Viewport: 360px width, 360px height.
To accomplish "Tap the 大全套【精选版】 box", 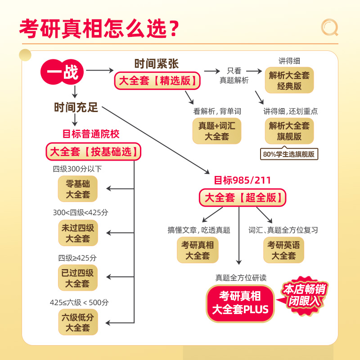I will tap(157, 81).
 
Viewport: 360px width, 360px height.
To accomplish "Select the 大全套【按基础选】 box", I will tap(94, 152).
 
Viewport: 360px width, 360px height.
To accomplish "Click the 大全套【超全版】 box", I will tap(243, 197).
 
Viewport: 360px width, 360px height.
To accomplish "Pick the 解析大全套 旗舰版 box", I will tap(289, 131).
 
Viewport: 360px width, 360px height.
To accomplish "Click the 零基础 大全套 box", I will tap(78, 189).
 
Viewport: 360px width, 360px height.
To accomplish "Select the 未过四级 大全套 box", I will tap(78, 233).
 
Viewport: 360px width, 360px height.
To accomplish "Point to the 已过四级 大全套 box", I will tap(78, 278).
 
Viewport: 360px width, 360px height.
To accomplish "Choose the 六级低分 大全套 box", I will tap(78, 322).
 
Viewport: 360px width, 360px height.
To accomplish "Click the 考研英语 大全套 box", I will tap(283, 250).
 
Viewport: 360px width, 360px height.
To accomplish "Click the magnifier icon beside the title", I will tap(329, 27).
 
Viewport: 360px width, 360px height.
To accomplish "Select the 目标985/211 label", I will tap(243, 180).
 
